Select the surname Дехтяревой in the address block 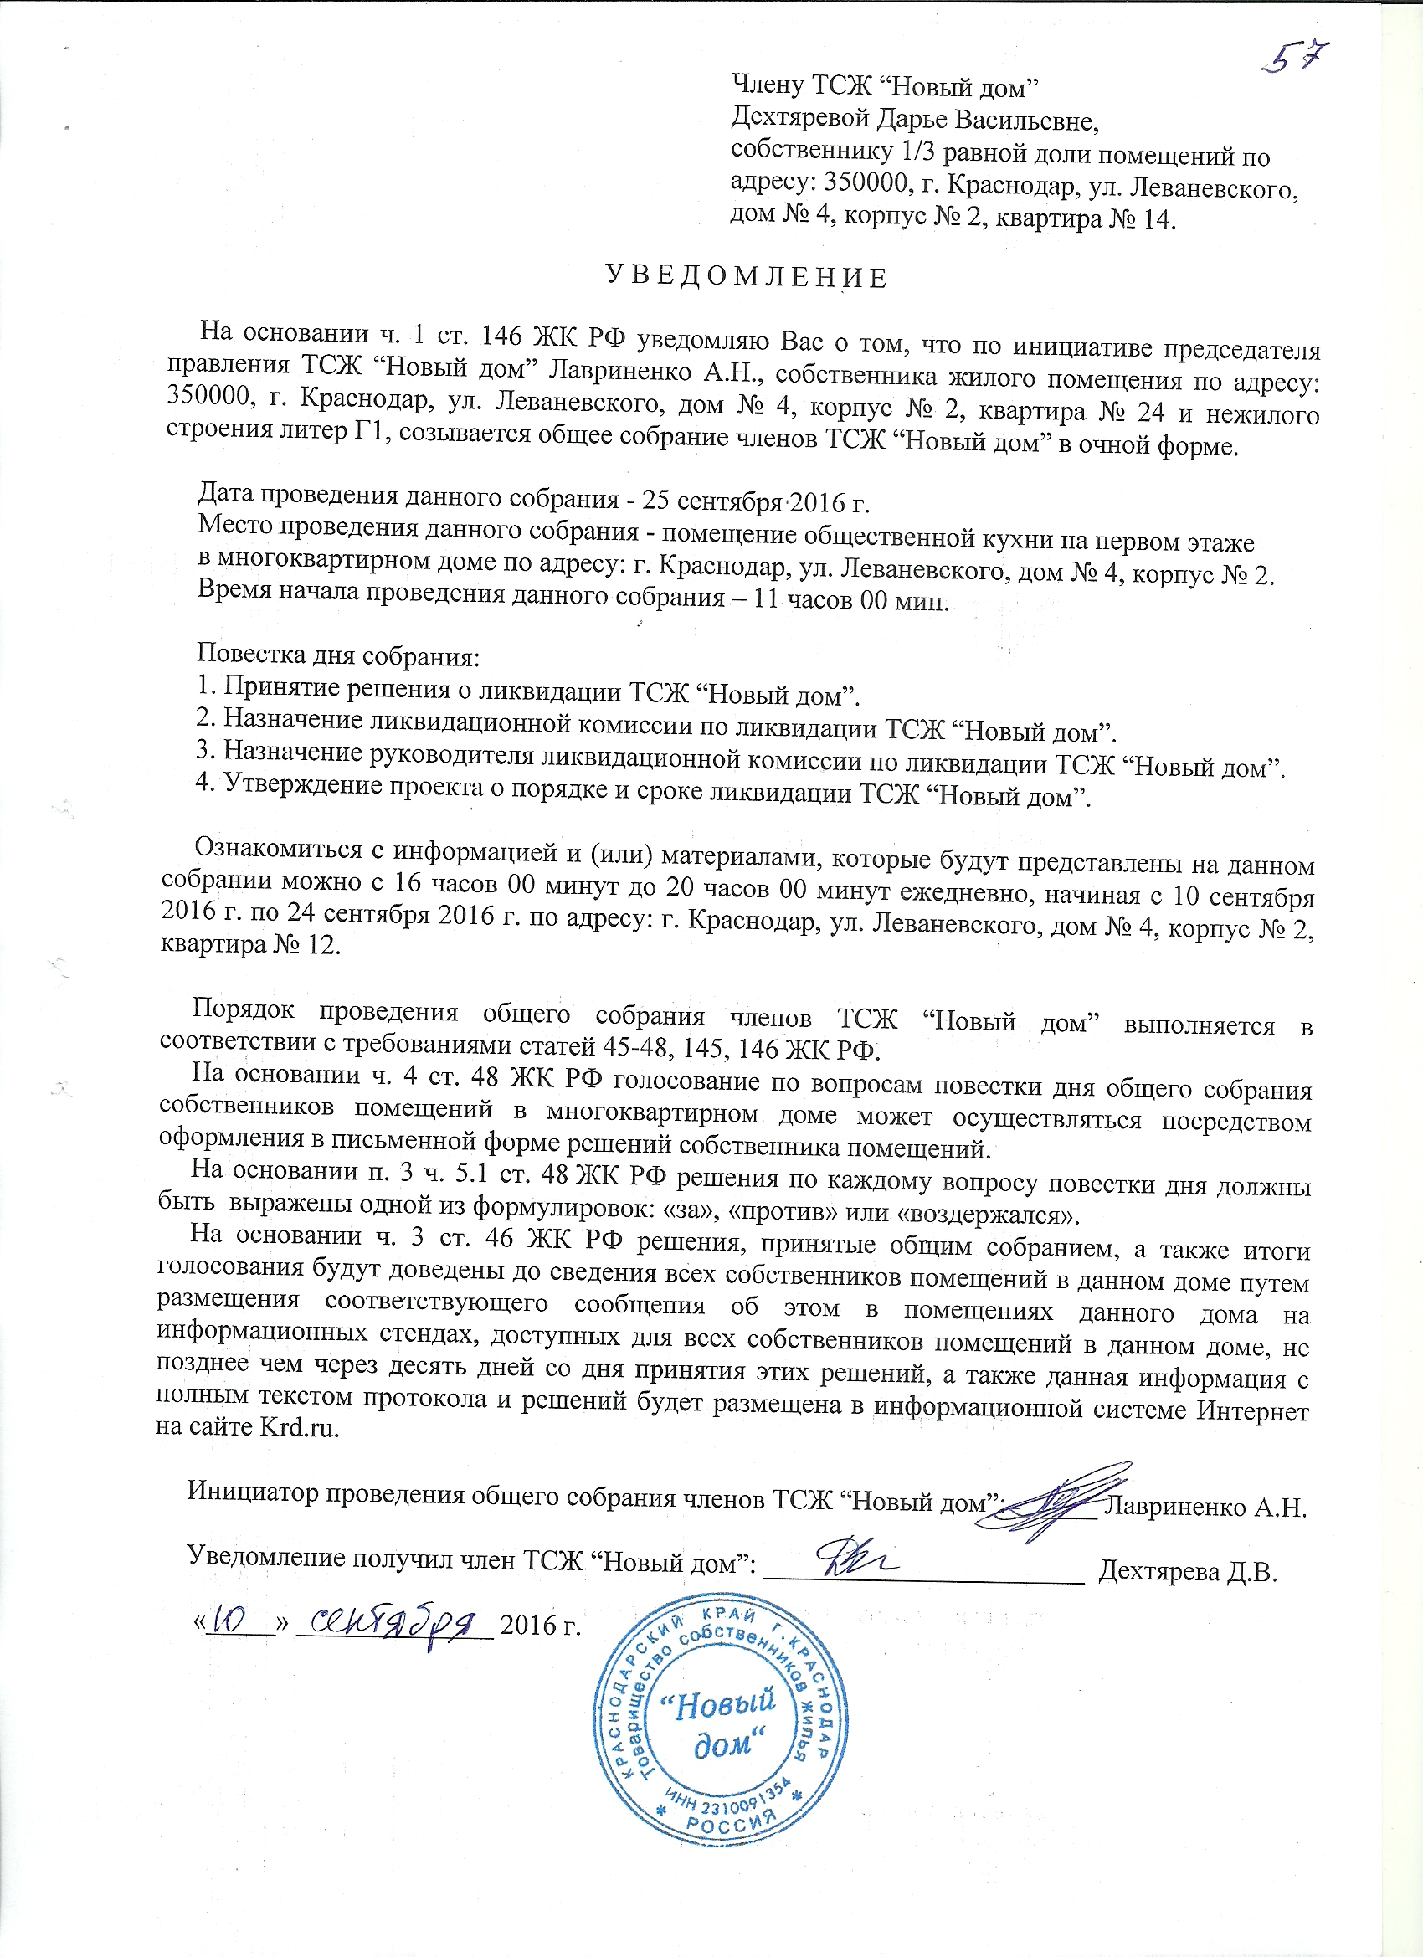click(804, 119)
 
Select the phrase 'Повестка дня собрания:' click(338, 655)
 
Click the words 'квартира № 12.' click(251, 945)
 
